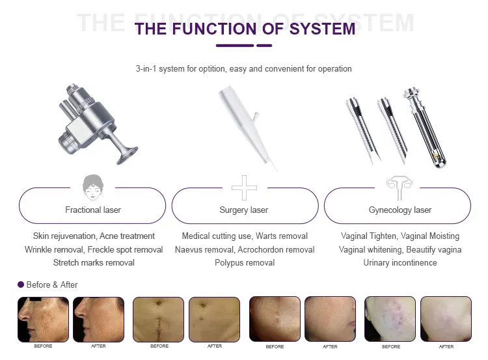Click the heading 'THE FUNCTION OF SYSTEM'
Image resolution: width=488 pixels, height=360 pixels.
tap(245, 29)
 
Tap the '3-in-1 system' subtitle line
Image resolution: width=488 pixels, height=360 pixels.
tap(243, 68)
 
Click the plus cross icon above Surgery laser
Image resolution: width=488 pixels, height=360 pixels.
tap(244, 187)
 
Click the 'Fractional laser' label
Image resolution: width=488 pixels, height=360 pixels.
tap(93, 210)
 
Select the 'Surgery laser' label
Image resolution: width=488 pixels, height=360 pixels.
tap(244, 210)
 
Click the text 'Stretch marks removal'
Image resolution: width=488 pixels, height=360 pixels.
tap(94, 262)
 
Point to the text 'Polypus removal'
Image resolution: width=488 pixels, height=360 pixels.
tap(245, 262)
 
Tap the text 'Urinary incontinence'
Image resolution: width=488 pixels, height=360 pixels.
tap(400, 262)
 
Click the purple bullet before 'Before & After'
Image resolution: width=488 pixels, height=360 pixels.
tap(21, 284)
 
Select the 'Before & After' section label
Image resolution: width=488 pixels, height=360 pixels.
tap(52, 284)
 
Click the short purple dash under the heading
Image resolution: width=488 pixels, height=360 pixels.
tap(264, 46)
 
